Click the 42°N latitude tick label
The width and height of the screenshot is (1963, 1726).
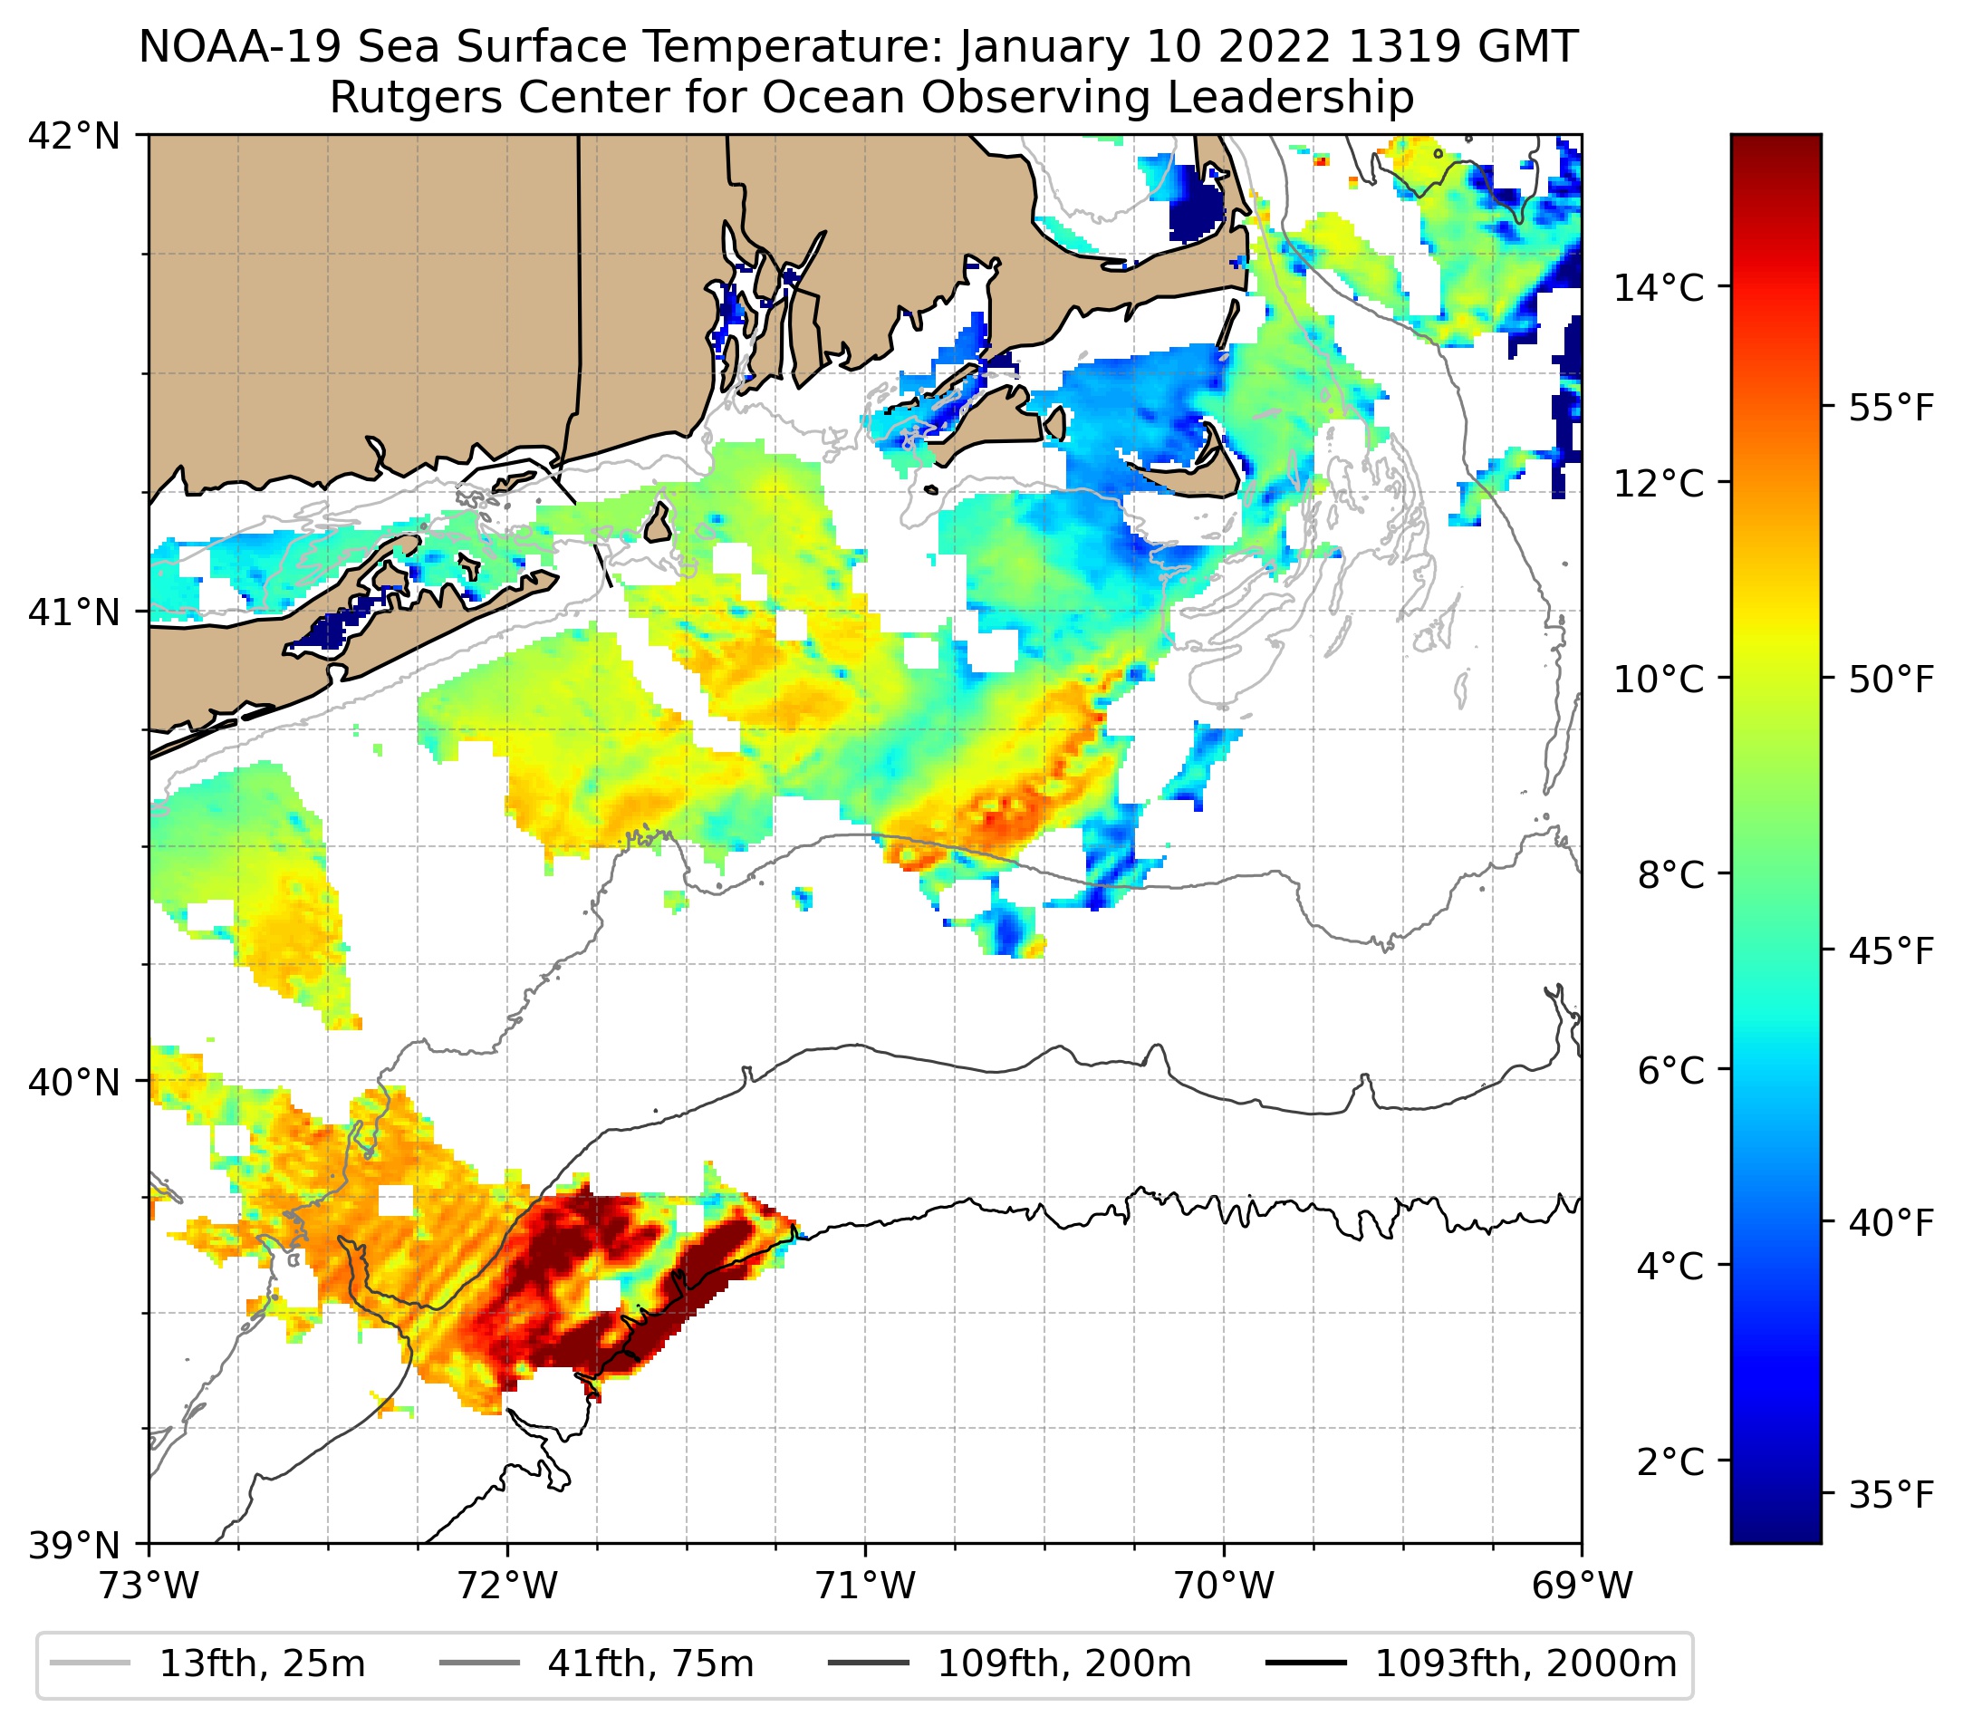pyautogui.click(x=74, y=137)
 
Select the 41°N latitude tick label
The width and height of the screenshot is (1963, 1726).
pyautogui.click(x=74, y=612)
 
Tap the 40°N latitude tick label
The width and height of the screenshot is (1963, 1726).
pyautogui.click(x=74, y=1082)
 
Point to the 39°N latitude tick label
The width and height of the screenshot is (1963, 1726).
pyautogui.click(x=74, y=1546)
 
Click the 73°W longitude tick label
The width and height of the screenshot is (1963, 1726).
pyautogui.click(x=149, y=1586)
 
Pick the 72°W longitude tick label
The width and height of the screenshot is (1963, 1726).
pyautogui.click(x=507, y=1586)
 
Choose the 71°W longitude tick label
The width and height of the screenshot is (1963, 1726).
pyautogui.click(x=865, y=1586)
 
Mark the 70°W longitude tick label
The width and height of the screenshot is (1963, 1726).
pyautogui.click(x=1225, y=1586)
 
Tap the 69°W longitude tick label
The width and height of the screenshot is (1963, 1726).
pyautogui.click(x=1582, y=1586)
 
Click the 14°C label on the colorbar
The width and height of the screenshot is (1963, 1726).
pyautogui.click(x=1659, y=287)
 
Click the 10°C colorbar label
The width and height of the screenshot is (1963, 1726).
pyautogui.click(x=1659, y=679)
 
